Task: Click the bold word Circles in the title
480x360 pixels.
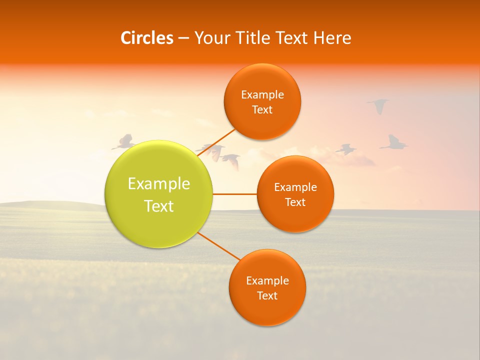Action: pyautogui.click(x=146, y=38)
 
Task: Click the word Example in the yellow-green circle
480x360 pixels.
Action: pyautogui.click(x=159, y=184)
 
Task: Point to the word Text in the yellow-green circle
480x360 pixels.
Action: pyautogui.click(x=159, y=206)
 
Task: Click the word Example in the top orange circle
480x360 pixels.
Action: pyautogui.click(x=262, y=94)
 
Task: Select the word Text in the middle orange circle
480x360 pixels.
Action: pyautogui.click(x=295, y=202)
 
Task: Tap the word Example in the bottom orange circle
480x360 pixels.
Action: pyautogui.click(x=267, y=280)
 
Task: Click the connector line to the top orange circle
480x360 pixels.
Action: pyautogui.click(x=217, y=142)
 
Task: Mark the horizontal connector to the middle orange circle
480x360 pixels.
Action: pyautogui.click(x=235, y=194)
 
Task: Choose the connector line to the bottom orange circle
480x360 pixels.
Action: pyautogui.click(x=219, y=246)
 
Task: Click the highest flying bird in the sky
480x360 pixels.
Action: pyautogui.click(x=378, y=105)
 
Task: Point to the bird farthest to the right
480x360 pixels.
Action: pyautogui.click(x=394, y=142)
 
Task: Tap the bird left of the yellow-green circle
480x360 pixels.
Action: pyautogui.click(x=124, y=142)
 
